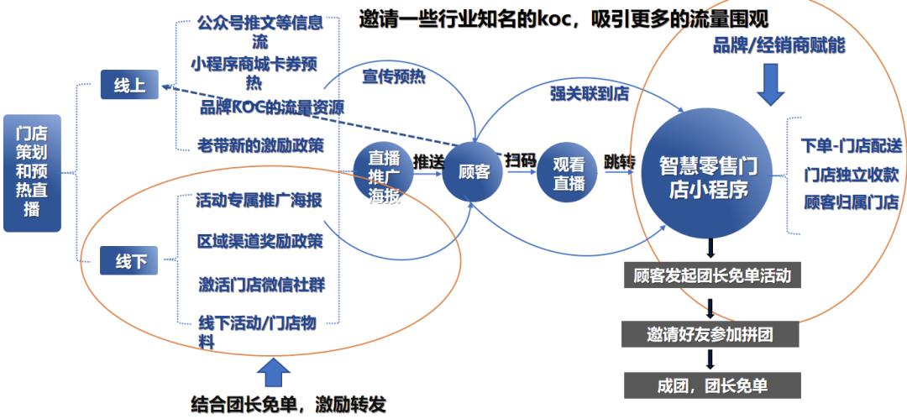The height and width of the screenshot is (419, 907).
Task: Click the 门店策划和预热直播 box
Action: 32,173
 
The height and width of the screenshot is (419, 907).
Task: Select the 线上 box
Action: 129,86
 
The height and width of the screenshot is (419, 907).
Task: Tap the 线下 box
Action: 129,261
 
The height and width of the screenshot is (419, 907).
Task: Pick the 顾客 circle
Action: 473,171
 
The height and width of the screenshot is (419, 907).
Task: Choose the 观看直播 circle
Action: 569,174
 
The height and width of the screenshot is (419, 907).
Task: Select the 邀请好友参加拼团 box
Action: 710,334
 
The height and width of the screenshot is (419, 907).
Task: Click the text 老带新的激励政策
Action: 260,144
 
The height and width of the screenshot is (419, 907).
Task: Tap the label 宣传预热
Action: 394,76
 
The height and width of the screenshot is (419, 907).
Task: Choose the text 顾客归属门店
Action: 850,202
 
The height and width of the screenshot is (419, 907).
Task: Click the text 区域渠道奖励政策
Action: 260,242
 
